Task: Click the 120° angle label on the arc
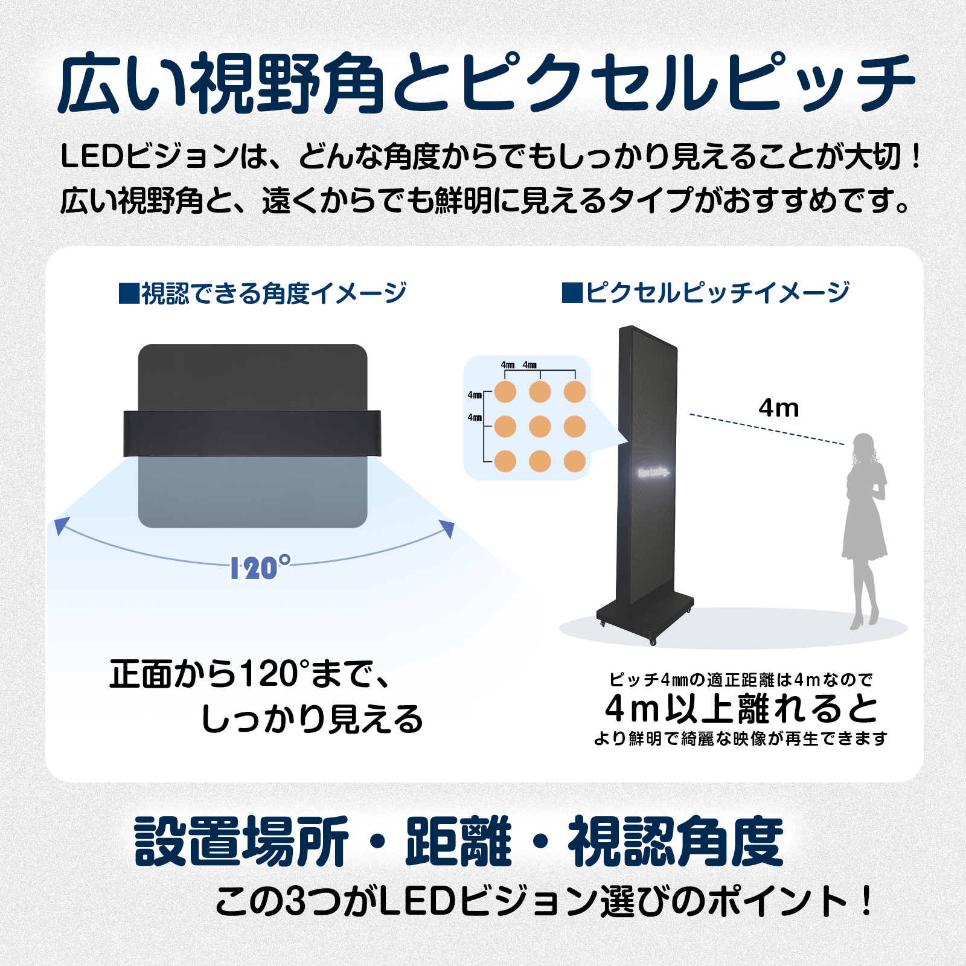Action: pyautogui.click(x=260, y=568)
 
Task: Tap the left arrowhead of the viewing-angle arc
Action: pyautogui.click(x=60, y=526)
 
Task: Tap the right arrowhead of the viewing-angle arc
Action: pyautogui.click(x=447, y=528)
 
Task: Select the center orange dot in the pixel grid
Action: pyautogui.click(x=540, y=427)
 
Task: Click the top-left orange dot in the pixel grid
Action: pyautogui.click(x=505, y=392)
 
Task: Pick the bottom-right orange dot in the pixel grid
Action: pyautogui.click(x=575, y=461)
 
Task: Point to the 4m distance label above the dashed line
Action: pyautogui.click(x=779, y=409)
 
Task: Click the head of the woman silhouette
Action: pyautogui.click(x=863, y=446)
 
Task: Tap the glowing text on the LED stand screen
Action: pyautogui.click(x=653, y=472)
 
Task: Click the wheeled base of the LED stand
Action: pyautogui.click(x=645, y=619)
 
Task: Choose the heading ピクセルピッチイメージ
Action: pyautogui.click(x=717, y=293)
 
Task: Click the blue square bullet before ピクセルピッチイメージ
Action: pyautogui.click(x=572, y=293)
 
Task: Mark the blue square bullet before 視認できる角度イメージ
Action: pyautogui.click(x=129, y=293)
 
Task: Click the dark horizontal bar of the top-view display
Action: pyautogui.click(x=252, y=433)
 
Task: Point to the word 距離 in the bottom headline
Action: pyautogui.click(x=458, y=841)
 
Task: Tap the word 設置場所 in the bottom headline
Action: pyautogui.click(x=241, y=841)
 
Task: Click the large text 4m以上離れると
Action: pyautogui.click(x=741, y=708)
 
